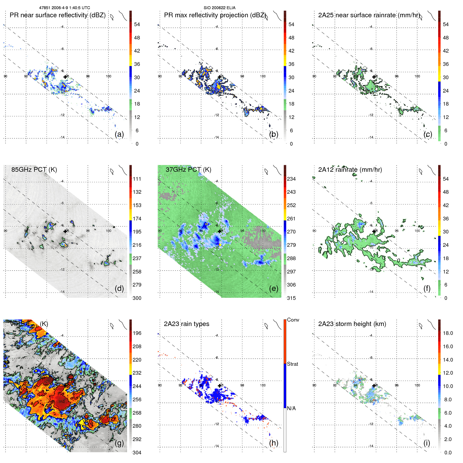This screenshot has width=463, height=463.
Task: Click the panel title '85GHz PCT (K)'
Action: tap(34, 170)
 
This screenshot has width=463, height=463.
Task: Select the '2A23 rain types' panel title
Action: tap(186, 324)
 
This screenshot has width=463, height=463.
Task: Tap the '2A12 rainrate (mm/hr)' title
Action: tap(350, 170)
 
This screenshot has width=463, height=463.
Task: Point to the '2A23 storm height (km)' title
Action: tap(352, 324)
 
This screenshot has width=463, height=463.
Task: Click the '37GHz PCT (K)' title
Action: tap(188, 170)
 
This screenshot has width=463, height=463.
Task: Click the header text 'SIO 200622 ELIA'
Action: tap(219, 8)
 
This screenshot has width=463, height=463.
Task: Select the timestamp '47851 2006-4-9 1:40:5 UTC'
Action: tap(65, 8)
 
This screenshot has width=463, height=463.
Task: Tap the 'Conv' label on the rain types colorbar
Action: tap(293, 320)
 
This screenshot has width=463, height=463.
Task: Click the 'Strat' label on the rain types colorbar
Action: tap(292, 364)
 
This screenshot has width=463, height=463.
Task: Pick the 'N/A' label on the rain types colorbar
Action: tap(291, 408)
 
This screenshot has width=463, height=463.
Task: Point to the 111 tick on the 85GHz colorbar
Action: tap(137, 179)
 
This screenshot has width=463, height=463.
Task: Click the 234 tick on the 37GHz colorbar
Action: tap(291, 179)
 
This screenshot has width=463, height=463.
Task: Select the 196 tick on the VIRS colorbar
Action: tap(137, 333)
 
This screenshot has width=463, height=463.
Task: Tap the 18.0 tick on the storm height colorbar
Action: tap(448, 333)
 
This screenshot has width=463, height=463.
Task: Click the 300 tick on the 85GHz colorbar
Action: tap(137, 298)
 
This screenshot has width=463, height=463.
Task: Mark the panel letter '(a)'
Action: tap(119, 134)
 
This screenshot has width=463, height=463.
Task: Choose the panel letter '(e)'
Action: tap(273, 288)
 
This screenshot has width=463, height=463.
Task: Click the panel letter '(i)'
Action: tap(427, 443)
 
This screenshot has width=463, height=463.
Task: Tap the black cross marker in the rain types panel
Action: tap(220, 386)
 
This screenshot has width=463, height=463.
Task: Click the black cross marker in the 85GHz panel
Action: tap(65, 231)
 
